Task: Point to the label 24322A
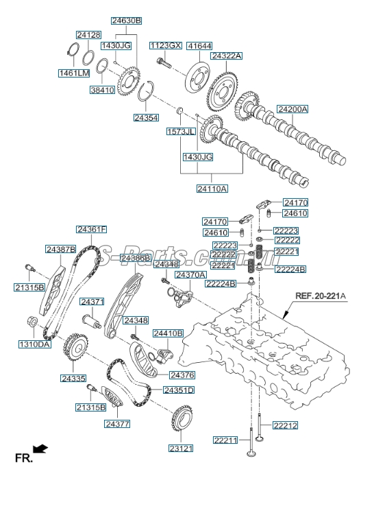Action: [x=226, y=56]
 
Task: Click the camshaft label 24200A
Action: [x=292, y=109]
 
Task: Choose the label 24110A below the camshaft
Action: [x=212, y=187]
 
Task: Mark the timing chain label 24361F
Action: [x=91, y=229]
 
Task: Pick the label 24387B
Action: [x=61, y=249]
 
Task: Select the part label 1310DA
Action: [x=35, y=344]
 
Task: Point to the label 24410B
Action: [x=168, y=333]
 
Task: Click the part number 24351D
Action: [x=178, y=390]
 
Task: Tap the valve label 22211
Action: [x=226, y=440]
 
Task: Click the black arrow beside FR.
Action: [x=42, y=449]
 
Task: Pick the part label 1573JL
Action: [x=180, y=130]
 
